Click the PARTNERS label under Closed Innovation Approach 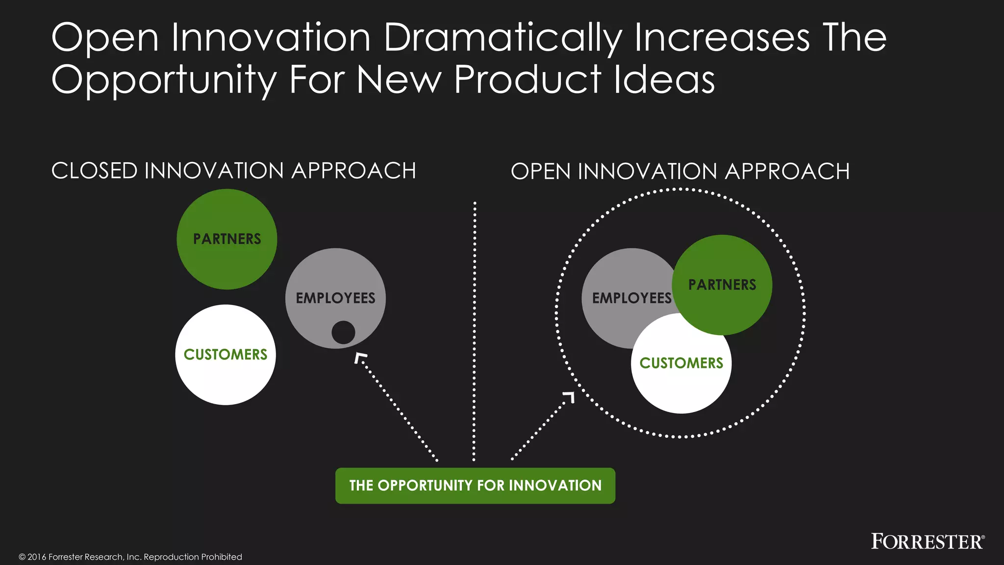coord(227,239)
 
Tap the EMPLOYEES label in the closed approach coord(335,298)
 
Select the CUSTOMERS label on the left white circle coord(226,354)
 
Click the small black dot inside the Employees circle coord(343,333)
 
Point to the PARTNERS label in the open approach coord(722,284)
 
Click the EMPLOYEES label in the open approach coord(631,298)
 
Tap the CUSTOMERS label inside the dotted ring coord(681,363)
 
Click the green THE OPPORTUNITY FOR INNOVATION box coord(475,486)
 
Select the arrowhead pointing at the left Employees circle coord(360,358)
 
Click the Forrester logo coord(927,541)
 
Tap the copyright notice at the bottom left coord(130,557)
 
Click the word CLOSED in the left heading coord(95,171)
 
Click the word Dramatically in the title coord(503,38)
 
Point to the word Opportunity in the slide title coord(164,79)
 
